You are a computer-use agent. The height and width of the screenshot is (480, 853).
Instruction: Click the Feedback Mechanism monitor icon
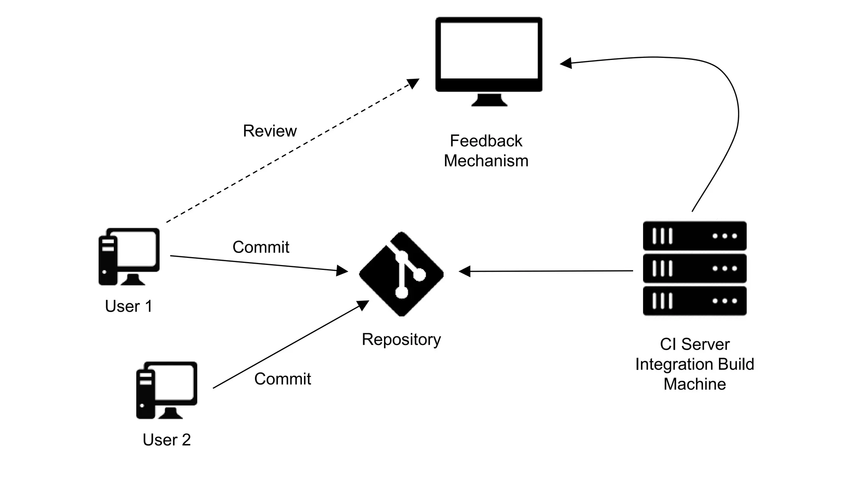489,62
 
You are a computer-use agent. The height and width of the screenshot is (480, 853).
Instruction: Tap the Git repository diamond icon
401,274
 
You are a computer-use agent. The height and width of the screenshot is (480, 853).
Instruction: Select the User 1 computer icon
129,257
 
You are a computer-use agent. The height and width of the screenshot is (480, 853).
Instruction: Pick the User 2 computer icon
167,390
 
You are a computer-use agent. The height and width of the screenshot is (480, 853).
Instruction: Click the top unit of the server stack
695,236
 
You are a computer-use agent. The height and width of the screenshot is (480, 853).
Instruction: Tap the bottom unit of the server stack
695,301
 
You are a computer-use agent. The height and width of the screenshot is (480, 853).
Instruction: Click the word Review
270,131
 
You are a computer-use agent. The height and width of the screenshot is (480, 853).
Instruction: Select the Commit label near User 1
261,247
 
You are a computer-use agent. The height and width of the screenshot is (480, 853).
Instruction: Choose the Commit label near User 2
283,379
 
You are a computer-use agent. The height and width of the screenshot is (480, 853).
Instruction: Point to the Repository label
401,340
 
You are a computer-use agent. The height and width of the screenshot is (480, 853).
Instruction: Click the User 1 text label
129,306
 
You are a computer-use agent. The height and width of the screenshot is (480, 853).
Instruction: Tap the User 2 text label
167,440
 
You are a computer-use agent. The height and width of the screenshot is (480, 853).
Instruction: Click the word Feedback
486,141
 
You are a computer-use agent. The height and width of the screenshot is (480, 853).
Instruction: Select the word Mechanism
486,161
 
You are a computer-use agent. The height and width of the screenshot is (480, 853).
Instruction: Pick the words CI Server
695,344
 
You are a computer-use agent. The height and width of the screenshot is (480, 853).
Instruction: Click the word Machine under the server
695,384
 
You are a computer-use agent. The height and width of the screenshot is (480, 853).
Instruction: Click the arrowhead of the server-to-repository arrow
464,271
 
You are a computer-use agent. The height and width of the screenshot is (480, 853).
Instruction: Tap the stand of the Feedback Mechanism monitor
489,100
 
